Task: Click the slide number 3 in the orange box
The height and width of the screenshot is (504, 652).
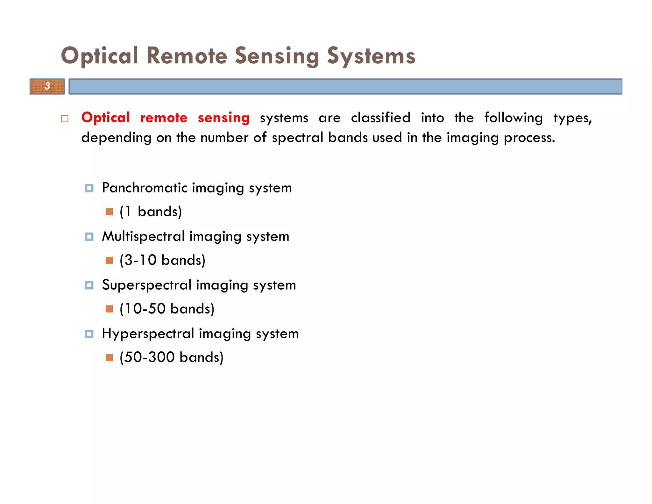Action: click(x=47, y=86)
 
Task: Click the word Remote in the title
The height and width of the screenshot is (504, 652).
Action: click(x=187, y=56)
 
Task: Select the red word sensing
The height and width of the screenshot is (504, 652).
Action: click(x=223, y=118)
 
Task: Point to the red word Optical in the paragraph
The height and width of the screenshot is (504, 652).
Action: click(x=105, y=118)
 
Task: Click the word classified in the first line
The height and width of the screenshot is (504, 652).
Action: click(x=380, y=118)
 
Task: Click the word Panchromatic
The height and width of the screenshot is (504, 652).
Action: click(x=145, y=188)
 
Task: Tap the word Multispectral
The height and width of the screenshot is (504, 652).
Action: click(x=143, y=237)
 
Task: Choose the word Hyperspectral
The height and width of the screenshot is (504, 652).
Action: click(x=148, y=334)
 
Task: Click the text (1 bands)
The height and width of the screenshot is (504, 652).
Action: click(x=151, y=212)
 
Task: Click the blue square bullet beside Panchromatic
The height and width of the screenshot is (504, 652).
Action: click(x=89, y=188)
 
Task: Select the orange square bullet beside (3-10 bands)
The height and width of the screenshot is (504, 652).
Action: click(x=109, y=261)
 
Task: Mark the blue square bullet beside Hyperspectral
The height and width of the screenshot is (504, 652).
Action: click(x=89, y=334)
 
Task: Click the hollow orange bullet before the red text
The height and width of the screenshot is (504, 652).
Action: click(x=65, y=119)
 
